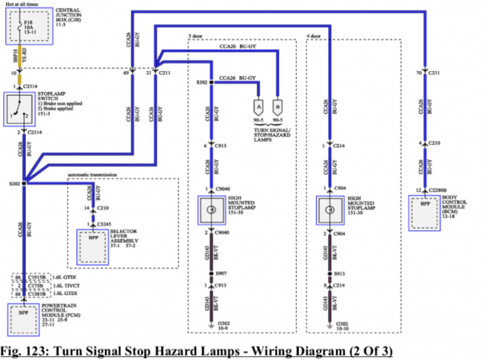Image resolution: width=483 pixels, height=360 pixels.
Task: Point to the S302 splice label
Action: tap(202, 82)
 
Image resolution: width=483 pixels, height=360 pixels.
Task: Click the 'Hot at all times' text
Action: tap(24, 5)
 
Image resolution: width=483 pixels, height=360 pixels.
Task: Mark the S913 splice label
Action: tap(340, 272)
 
